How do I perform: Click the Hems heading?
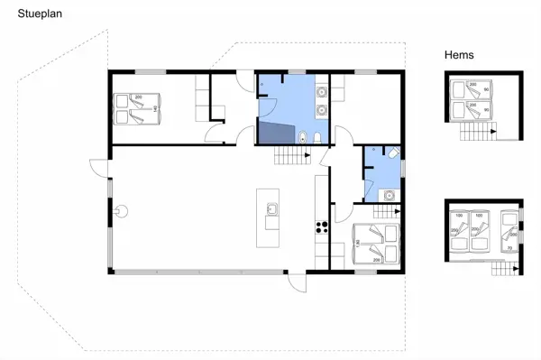[x=459, y=55]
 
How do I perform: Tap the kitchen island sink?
[x=269, y=210]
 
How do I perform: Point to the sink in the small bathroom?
[x=387, y=194]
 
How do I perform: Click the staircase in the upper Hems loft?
[x=478, y=132]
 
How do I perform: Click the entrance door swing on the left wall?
[x=96, y=168]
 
